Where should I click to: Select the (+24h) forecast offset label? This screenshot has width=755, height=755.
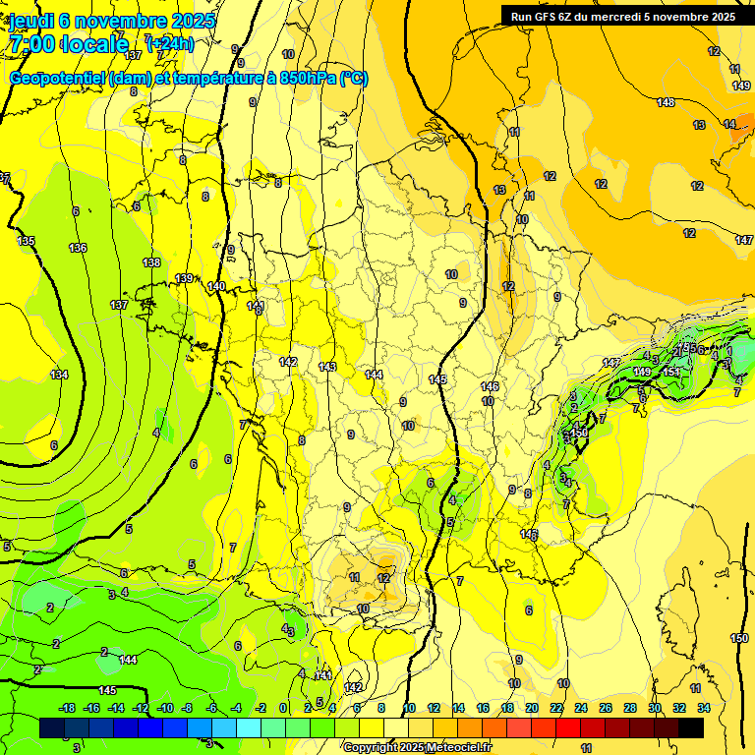(x=170, y=43)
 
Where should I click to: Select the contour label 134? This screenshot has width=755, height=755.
(x=60, y=375)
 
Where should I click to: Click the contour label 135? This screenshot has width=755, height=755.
(x=26, y=241)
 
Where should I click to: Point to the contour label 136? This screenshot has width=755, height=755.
(x=78, y=248)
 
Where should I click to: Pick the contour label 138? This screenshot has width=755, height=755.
(x=151, y=262)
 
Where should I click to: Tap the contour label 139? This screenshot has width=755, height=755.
(x=185, y=278)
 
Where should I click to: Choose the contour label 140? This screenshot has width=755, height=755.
(x=216, y=286)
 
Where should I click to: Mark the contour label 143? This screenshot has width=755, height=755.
(x=327, y=367)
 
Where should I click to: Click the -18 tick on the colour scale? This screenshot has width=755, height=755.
(x=67, y=708)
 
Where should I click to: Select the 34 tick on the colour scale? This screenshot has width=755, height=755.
(x=703, y=708)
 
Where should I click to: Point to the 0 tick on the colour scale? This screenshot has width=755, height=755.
(x=283, y=708)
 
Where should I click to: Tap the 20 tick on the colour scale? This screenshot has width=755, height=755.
(x=531, y=708)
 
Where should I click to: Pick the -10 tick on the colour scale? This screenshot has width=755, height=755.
(x=164, y=708)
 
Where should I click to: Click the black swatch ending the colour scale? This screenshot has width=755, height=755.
(x=691, y=727)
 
